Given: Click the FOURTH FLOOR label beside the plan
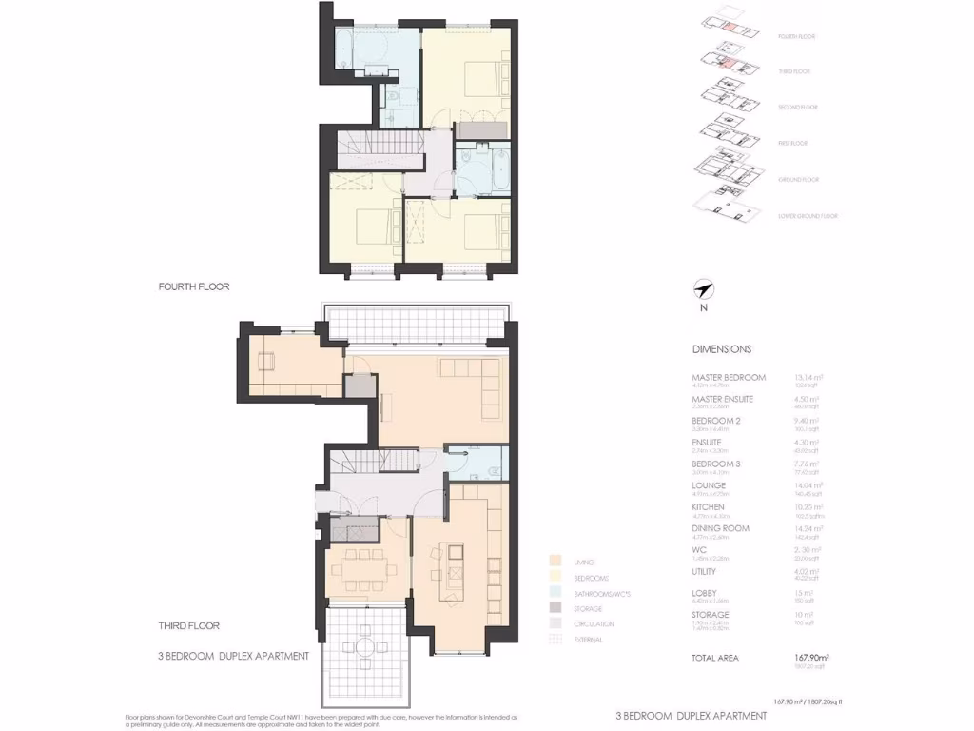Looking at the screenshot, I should click(194, 286).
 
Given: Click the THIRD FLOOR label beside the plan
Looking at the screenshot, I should click(189, 625).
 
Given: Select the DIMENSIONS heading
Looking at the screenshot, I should click(721, 349).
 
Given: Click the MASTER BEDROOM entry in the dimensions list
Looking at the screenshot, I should click(728, 378).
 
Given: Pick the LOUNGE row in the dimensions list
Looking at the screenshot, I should click(709, 485).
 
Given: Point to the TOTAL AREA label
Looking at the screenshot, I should click(714, 658).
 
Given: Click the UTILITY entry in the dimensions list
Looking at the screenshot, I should click(706, 572).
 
